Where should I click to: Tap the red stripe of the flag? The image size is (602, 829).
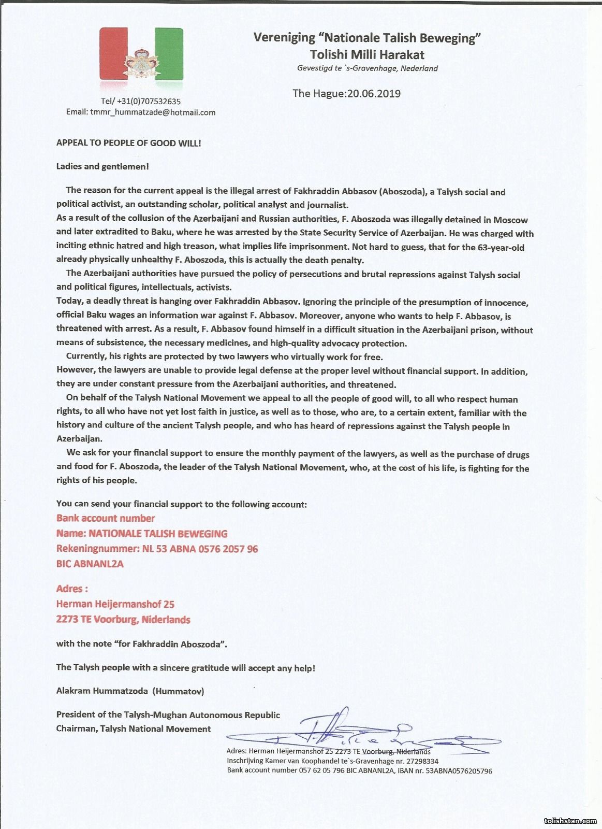click(110, 54)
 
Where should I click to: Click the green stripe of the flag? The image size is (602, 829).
click(171, 54)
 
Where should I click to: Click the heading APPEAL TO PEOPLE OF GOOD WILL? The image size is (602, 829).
click(128, 143)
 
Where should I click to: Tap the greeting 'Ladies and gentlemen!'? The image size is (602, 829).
click(103, 167)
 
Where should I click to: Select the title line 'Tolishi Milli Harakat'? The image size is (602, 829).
click(367, 54)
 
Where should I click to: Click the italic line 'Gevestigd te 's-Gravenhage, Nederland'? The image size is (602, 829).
click(368, 68)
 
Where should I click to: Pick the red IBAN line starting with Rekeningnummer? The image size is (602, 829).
click(157, 549)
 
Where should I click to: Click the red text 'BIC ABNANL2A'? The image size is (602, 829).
click(90, 564)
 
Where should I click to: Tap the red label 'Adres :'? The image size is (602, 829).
click(71, 589)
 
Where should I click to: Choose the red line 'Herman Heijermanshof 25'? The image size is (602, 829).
click(115, 604)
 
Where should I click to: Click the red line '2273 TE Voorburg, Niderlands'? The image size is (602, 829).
click(123, 619)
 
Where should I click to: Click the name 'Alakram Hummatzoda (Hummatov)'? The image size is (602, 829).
click(130, 691)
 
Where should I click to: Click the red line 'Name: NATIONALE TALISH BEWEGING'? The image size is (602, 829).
click(142, 534)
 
